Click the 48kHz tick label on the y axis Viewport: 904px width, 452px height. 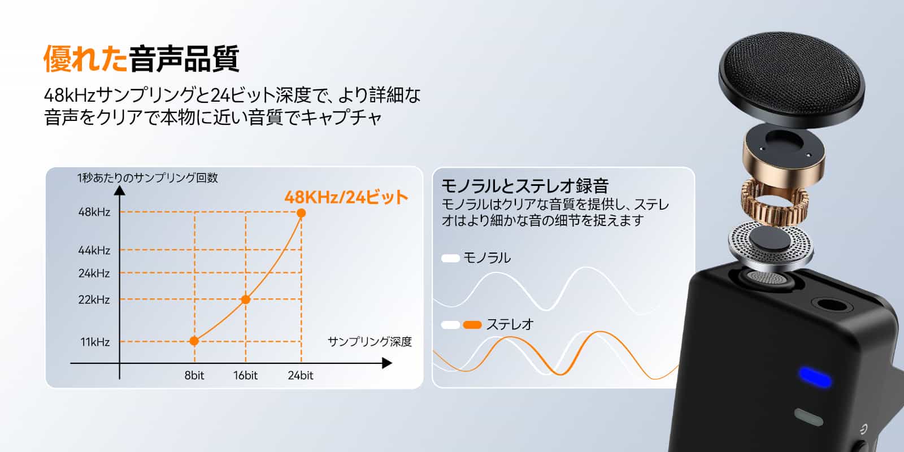point(94,212)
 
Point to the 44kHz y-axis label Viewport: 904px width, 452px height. point(94,250)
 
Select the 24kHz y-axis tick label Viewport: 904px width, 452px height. point(94,273)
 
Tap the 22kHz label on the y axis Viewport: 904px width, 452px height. point(94,299)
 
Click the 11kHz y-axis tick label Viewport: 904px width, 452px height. point(95,342)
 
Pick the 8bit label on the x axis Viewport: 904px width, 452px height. point(194,375)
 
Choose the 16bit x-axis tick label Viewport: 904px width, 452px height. point(245,375)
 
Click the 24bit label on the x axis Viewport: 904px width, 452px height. point(301,375)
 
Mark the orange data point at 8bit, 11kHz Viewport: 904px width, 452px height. point(194,341)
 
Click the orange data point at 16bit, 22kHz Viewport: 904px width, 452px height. point(245,299)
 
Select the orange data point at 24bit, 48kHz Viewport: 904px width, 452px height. point(301,212)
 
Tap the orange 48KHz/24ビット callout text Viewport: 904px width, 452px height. point(346,197)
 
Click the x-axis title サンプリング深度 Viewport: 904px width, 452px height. point(370,342)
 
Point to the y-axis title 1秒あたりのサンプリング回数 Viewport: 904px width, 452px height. point(147,177)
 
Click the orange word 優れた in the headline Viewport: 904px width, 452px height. point(85,59)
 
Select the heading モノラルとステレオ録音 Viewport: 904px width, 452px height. point(525,186)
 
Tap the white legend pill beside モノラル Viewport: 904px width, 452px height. point(451,258)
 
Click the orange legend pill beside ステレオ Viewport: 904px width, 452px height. point(472,325)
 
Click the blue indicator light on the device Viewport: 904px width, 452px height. point(815,377)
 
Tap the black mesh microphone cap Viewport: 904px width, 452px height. point(792,79)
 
